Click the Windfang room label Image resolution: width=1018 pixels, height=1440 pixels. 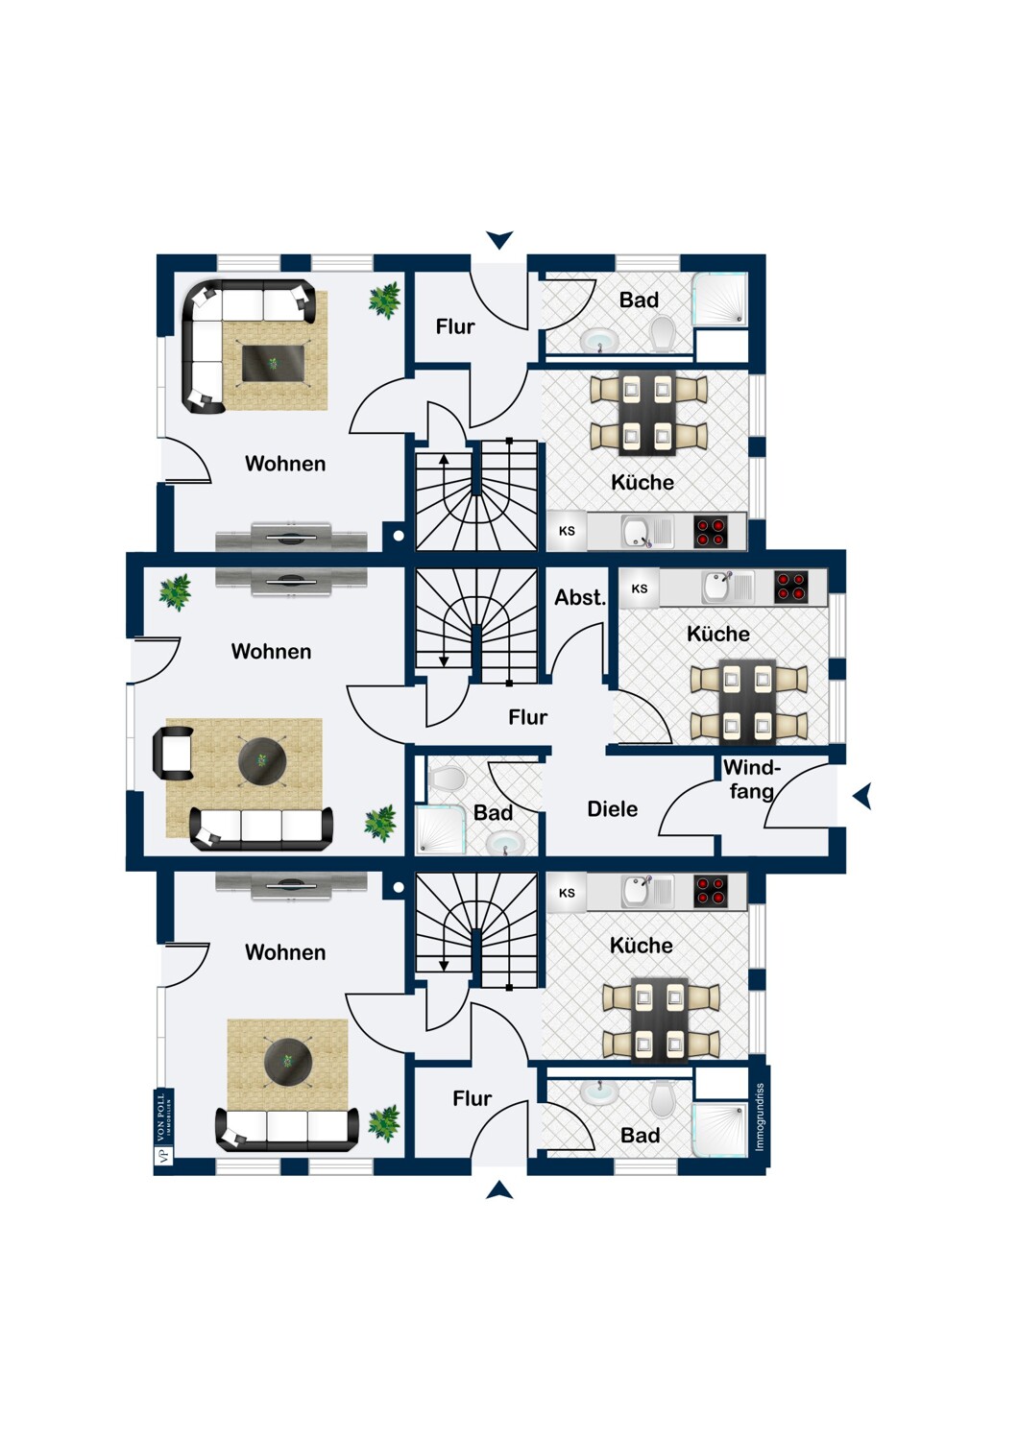coord(751,780)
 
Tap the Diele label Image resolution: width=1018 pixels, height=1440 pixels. coord(612,809)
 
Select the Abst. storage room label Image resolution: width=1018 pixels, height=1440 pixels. coord(579,597)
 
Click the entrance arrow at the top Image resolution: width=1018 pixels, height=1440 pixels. coord(499,239)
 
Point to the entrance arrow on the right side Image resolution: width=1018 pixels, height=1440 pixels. coord(862,796)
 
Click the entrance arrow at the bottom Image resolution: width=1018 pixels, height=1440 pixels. coord(499,1191)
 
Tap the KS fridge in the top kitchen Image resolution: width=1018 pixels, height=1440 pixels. coord(567,531)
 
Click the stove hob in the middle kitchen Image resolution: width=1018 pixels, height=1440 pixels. coord(791,587)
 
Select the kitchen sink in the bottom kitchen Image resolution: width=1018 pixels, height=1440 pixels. coord(637,891)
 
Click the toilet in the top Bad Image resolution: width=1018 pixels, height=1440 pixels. coord(662,335)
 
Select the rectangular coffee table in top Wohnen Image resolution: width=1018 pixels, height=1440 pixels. coord(273,364)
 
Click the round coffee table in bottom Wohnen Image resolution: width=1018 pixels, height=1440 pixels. coord(288,1061)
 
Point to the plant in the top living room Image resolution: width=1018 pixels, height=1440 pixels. coord(385,300)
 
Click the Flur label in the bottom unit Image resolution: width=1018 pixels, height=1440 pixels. coord(472,1098)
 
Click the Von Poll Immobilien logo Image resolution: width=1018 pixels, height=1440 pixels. coord(162,1128)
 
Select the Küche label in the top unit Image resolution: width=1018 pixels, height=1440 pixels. coord(642,482)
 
